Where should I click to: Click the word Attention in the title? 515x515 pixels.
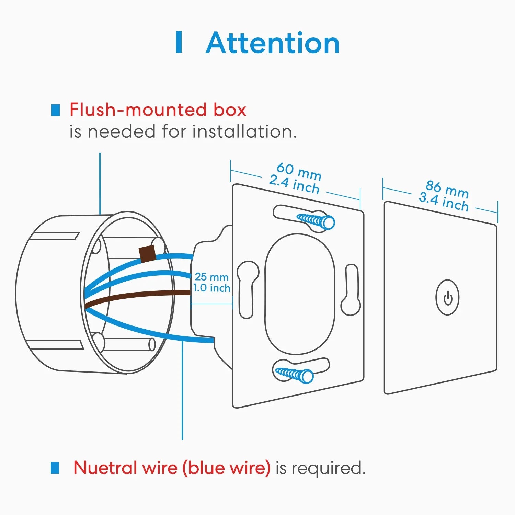[x=273, y=43]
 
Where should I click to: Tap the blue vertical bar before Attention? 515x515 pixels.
[x=179, y=42]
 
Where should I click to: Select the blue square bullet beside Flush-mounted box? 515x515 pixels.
[x=55, y=110]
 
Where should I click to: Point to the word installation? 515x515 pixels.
[x=244, y=131]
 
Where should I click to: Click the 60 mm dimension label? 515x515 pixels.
[x=299, y=171]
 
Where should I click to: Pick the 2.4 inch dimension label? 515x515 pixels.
[x=294, y=184]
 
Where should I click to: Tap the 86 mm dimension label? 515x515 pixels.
[x=447, y=189]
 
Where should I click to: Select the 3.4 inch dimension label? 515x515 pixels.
[x=444, y=202]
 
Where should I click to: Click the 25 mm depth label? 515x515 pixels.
[x=211, y=277]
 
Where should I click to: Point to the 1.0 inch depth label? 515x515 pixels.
[x=211, y=288]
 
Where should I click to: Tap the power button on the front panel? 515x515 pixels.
[x=447, y=298]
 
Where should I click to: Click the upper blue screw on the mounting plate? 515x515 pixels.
[x=316, y=221]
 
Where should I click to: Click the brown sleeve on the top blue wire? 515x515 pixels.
[x=147, y=254]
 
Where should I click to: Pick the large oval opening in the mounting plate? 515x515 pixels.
[x=299, y=294]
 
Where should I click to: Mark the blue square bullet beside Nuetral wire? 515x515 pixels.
[x=55, y=468]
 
